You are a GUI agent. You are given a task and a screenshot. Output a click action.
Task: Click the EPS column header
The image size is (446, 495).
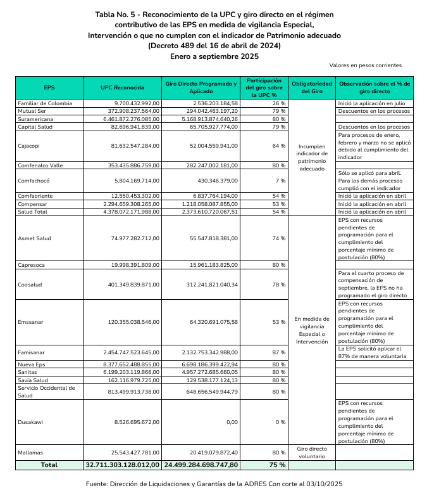click(49, 87)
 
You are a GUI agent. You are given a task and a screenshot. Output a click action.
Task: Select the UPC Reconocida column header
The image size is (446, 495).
click(122, 87)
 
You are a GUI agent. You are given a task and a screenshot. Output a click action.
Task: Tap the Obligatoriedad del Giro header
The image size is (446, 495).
click(311, 87)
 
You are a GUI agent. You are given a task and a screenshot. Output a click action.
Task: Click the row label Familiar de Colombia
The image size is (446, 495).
click(45, 103)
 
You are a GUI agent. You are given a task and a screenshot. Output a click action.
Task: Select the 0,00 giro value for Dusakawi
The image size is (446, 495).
click(232, 422)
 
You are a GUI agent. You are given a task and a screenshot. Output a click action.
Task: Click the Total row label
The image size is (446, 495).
click(49, 465)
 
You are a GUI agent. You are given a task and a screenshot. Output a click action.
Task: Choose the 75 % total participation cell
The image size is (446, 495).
click(276, 465)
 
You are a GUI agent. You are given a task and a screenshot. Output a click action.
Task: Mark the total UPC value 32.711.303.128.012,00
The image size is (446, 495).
click(123, 465)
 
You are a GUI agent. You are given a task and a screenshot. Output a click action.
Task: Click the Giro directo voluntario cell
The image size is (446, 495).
click(311, 453)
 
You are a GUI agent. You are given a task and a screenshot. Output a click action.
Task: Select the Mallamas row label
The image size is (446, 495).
click(32, 453)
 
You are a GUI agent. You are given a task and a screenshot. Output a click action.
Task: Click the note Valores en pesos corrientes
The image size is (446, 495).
click(365, 65)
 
